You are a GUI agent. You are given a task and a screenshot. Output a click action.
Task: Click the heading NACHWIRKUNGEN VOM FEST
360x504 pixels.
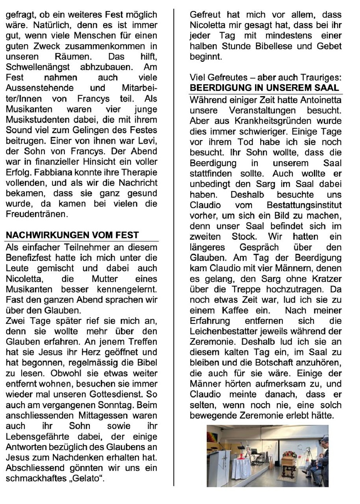[72, 235]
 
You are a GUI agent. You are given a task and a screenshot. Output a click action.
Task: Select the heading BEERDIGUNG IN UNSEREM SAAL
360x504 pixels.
[264, 88]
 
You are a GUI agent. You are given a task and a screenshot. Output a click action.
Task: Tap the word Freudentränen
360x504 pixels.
[37, 214]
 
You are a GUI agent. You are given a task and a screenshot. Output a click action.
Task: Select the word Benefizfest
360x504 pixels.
[28, 258]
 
